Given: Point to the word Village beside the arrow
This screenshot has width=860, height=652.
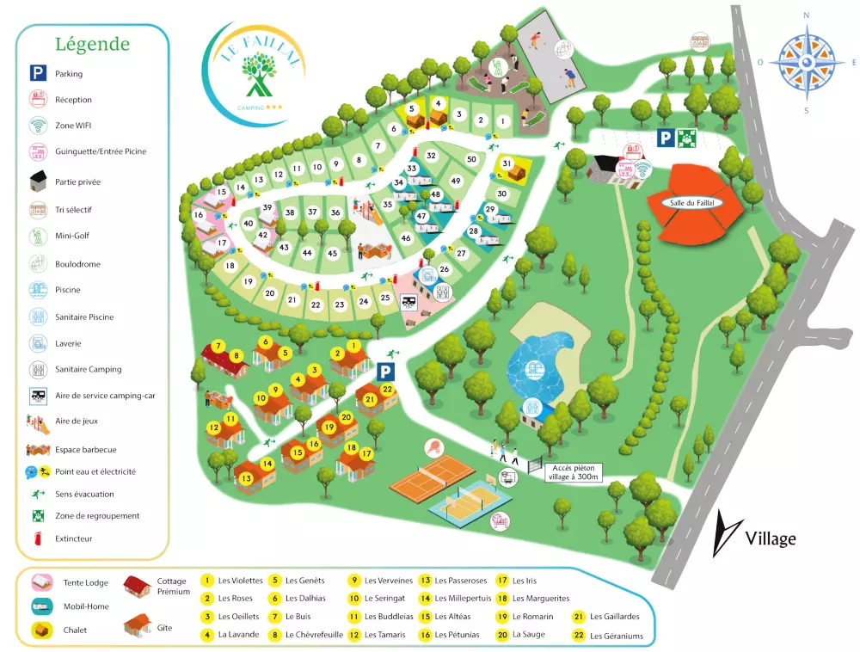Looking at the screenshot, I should coord(770,539).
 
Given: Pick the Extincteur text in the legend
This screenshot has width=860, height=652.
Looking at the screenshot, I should coord(73,538).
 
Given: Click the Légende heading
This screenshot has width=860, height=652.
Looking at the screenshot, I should coord(92,44).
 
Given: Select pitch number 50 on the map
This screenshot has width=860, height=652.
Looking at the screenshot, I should coord(471,159).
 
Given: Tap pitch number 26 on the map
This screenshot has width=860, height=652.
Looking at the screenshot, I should coord(445,269).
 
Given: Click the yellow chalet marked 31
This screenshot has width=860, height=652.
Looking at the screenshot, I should coord(513,168).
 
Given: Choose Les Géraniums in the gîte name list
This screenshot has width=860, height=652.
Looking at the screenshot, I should coord(616,637).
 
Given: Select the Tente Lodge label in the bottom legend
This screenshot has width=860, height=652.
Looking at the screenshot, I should coord(86,582).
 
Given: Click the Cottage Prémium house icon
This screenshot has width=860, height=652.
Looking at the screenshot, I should coord(138,587).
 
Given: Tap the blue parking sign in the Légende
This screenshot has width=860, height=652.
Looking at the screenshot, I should coord(38,74).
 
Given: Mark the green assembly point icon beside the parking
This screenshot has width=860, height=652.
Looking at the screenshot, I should coord(686,137).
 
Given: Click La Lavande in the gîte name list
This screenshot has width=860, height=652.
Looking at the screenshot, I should coord(236,635).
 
